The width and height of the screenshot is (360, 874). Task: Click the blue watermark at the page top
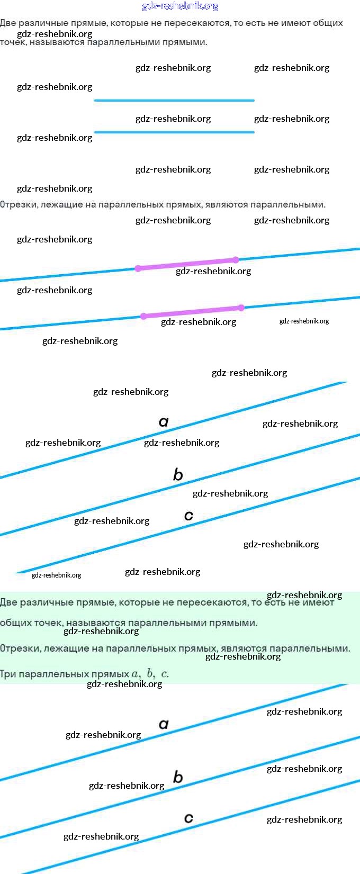[x=180, y=6]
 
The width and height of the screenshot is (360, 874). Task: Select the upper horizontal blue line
[x=174, y=100]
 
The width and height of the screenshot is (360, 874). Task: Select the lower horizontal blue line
[x=174, y=132]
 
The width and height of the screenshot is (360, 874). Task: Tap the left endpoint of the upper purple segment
[x=138, y=268]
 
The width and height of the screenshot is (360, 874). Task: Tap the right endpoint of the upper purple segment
[x=236, y=260]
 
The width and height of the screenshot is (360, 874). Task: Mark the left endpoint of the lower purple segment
[x=143, y=316]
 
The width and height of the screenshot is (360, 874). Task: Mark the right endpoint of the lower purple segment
[x=241, y=308]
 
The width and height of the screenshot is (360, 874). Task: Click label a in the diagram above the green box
[x=164, y=421]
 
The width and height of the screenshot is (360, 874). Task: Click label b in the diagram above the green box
[x=178, y=474]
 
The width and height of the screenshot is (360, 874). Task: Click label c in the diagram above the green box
[x=188, y=515]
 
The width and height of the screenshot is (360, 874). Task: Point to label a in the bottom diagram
[x=164, y=724]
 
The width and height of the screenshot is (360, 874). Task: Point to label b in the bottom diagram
[x=178, y=777]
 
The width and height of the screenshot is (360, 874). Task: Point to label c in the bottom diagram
[x=188, y=818]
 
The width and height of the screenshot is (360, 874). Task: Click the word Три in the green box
[x=8, y=674]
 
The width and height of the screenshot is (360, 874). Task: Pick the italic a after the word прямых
[x=136, y=674]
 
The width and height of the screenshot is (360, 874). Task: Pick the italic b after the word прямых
[x=150, y=673]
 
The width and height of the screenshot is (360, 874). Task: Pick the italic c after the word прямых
[x=165, y=674]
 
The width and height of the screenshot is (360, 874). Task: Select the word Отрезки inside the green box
[x=18, y=648]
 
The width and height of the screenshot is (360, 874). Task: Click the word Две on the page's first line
[x=8, y=23]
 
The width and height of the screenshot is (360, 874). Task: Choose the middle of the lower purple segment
[x=192, y=312]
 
